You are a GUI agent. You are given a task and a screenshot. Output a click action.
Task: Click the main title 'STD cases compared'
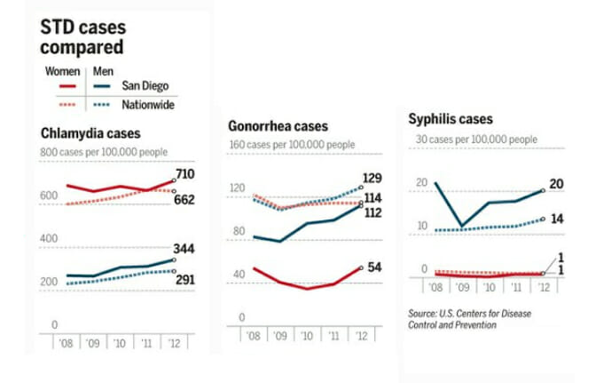point(82,36)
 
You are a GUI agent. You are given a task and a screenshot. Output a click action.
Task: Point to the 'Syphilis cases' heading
point(451,119)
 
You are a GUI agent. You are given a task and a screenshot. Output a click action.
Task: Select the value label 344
point(184,248)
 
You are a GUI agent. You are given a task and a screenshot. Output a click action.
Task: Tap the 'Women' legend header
point(61,70)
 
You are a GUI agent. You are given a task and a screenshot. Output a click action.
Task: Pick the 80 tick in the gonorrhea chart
point(238,232)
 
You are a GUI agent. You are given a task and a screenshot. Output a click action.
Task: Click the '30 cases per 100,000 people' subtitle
point(476,140)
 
